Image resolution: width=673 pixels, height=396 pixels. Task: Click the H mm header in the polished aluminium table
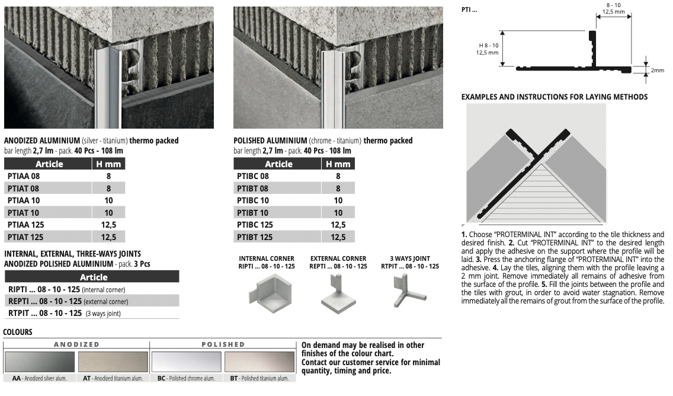[338, 164]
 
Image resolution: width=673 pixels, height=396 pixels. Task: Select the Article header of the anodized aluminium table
[49, 164]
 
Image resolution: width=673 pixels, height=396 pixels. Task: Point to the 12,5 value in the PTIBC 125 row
[338, 225]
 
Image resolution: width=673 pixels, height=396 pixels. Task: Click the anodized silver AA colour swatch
[40, 362]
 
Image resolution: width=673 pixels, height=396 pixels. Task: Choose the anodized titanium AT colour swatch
[113, 362]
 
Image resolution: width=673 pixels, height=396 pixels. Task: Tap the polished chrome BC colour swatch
[186, 362]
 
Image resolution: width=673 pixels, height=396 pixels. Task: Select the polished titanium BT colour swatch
[259, 362]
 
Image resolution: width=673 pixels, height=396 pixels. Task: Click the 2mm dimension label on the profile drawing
[657, 71]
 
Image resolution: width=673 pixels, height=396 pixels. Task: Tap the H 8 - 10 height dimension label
[489, 46]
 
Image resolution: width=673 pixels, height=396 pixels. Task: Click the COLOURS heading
[18, 332]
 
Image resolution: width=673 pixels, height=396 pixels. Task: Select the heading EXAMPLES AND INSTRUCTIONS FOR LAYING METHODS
[555, 97]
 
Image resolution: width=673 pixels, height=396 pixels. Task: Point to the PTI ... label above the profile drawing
[469, 9]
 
